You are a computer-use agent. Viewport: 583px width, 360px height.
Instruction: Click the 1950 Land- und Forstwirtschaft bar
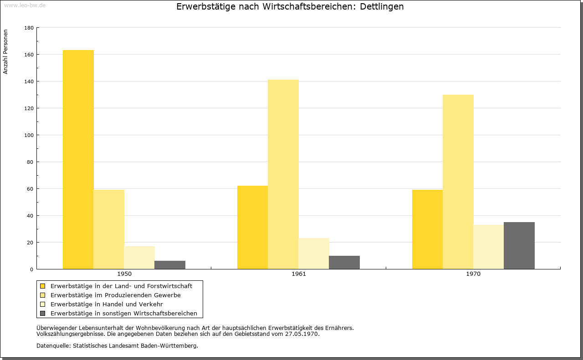pos(78,159)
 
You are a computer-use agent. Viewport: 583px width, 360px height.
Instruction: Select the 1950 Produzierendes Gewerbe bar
pos(109,229)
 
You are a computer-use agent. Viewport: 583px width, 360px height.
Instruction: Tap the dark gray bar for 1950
pos(170,265)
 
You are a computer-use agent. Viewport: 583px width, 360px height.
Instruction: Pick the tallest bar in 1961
pos(283,174)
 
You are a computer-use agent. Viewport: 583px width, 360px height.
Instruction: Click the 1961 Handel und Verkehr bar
pos(314,254)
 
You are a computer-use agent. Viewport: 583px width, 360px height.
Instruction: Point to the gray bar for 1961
pos(344,263)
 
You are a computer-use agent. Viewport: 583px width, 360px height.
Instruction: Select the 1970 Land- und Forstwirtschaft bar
pos(427,229)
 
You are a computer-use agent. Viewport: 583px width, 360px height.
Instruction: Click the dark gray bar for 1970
pos(519,246)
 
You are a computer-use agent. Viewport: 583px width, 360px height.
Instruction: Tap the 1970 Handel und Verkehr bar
pos(489,247)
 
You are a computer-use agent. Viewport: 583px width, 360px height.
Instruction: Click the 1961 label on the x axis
pos(299,274)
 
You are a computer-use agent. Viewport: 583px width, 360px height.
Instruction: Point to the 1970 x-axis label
pos(473,274)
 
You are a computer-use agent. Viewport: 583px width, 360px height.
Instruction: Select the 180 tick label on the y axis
pos(29,28)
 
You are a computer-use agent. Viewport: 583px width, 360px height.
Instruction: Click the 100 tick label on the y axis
pos(29,135)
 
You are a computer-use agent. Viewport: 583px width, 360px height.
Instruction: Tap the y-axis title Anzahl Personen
pos(5,52)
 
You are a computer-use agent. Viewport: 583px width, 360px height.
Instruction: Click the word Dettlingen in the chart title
pos(382,7)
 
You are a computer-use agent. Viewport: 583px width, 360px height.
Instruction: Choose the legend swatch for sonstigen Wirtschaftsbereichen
pos(43,314)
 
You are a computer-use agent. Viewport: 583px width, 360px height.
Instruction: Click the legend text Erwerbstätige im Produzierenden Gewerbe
pos(116,295)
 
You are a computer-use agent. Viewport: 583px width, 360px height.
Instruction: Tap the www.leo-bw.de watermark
pos(25,5)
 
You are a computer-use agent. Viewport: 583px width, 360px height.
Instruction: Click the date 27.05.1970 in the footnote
pos(302,334)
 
